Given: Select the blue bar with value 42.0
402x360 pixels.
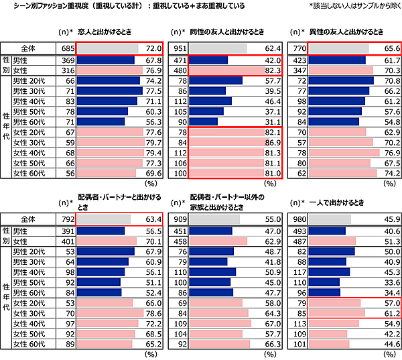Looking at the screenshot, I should click(x=208, y=60).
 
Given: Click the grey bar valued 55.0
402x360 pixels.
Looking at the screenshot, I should click(x=214, y=219).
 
